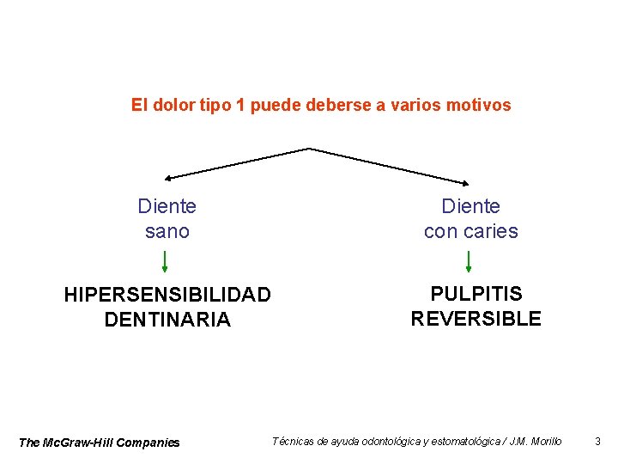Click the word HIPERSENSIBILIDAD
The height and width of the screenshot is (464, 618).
point(167,295)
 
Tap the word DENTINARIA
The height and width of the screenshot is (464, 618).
point(167,320)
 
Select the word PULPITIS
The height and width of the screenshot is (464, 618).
point(476,294)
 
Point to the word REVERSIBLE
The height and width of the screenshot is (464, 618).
point(476,319)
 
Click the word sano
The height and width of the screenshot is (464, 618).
point(167,231)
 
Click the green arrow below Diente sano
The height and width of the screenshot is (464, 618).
point(165,261)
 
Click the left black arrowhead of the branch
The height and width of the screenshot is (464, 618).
point(168,179)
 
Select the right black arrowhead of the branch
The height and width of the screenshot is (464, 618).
point(467,182)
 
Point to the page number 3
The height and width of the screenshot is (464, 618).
point(597,442)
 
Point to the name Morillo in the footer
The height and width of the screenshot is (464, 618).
point(547,442)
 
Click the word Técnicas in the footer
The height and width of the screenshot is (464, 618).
point(293,442)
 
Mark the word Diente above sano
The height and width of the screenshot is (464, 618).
point(167,206)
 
